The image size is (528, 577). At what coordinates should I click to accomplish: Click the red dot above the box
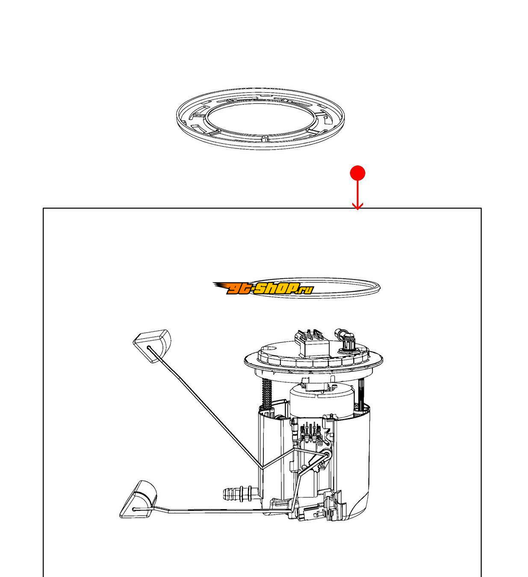pyautogui.click(x=357, y=173)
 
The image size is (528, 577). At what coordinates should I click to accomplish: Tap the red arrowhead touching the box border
pyautogui.click(x=357, y=206)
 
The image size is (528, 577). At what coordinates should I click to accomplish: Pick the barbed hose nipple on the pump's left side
pyautogui.click(x=240, y=494)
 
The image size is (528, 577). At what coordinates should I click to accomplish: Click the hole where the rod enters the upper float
pyautogui.click(x=149, y=348)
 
